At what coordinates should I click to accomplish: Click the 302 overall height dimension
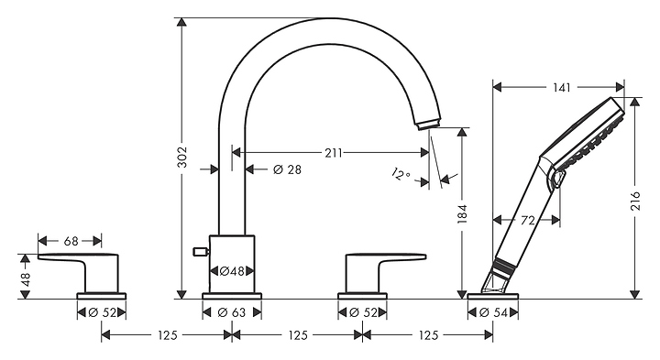[181, 158]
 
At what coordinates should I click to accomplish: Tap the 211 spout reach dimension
[334, 153]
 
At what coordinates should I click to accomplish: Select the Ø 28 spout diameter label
[288, 169]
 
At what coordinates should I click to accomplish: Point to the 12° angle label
[401, 174]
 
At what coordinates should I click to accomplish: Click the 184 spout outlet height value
[463, 213]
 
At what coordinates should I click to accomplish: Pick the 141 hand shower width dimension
[562, 87]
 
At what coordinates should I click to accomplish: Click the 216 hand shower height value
[635, 201]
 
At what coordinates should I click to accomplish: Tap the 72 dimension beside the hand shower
[527, 220]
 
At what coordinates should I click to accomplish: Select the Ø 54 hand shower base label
[493, 312]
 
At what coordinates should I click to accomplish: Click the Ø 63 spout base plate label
[232, 312]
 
